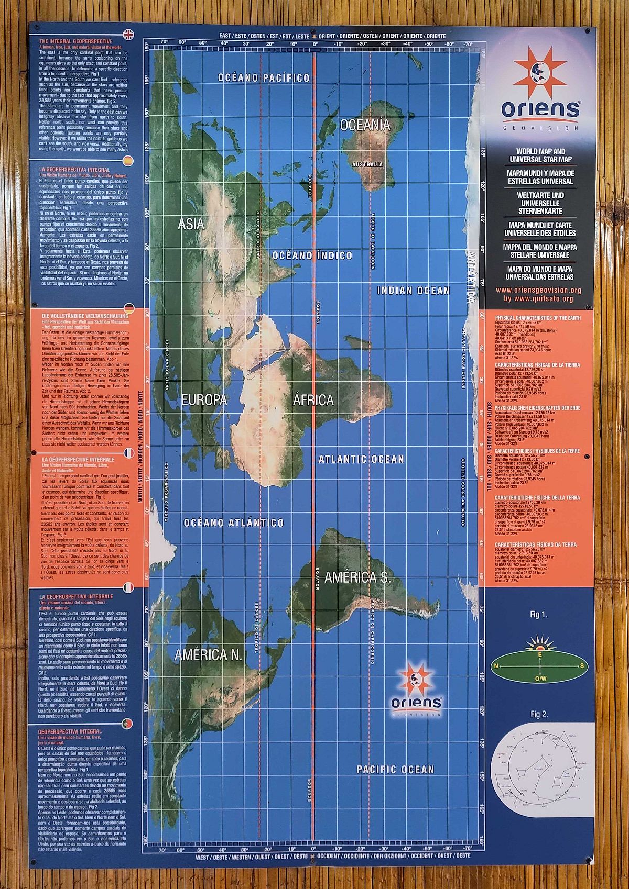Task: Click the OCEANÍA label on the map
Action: click(365, 125)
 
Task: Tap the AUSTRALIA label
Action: click(367, 164)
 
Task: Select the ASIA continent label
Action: click(191, 224)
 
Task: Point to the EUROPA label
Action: click(204, 400)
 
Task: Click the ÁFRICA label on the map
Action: click(313, 401)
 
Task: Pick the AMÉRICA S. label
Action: click(358, 578)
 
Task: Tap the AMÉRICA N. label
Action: click(208, 655)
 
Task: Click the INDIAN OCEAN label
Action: click(414, 291)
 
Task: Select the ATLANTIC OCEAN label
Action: click(362, 459)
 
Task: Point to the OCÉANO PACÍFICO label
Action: click(264, 78)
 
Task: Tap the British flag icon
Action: click(128, 35)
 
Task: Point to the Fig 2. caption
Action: click(539, 714)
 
